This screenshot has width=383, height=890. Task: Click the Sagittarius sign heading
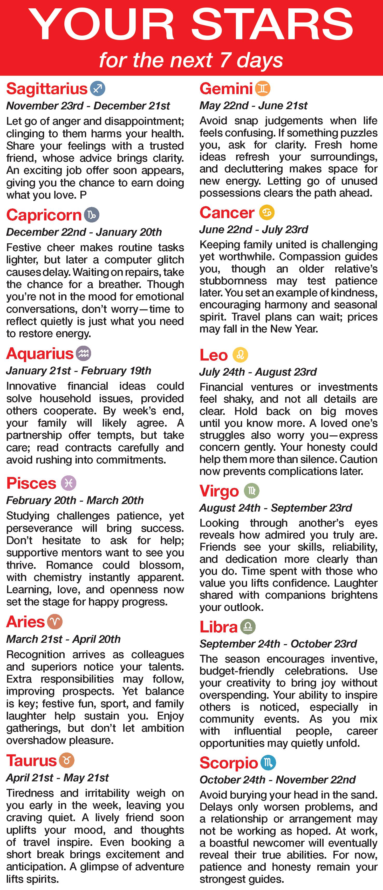point(47,89)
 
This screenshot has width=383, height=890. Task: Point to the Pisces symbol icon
point(69,483)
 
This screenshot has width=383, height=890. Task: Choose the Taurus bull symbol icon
point(67,761)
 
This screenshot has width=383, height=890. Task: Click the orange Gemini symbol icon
point(263,88)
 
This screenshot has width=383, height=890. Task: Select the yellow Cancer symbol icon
point(267,212)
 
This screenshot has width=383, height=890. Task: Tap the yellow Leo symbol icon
point(241,355)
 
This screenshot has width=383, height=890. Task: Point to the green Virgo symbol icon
point(251,490)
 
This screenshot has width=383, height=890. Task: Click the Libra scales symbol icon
point(248,626)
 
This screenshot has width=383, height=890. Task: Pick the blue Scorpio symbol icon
point(268,763)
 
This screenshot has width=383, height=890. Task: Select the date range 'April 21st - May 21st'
point(57,777)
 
